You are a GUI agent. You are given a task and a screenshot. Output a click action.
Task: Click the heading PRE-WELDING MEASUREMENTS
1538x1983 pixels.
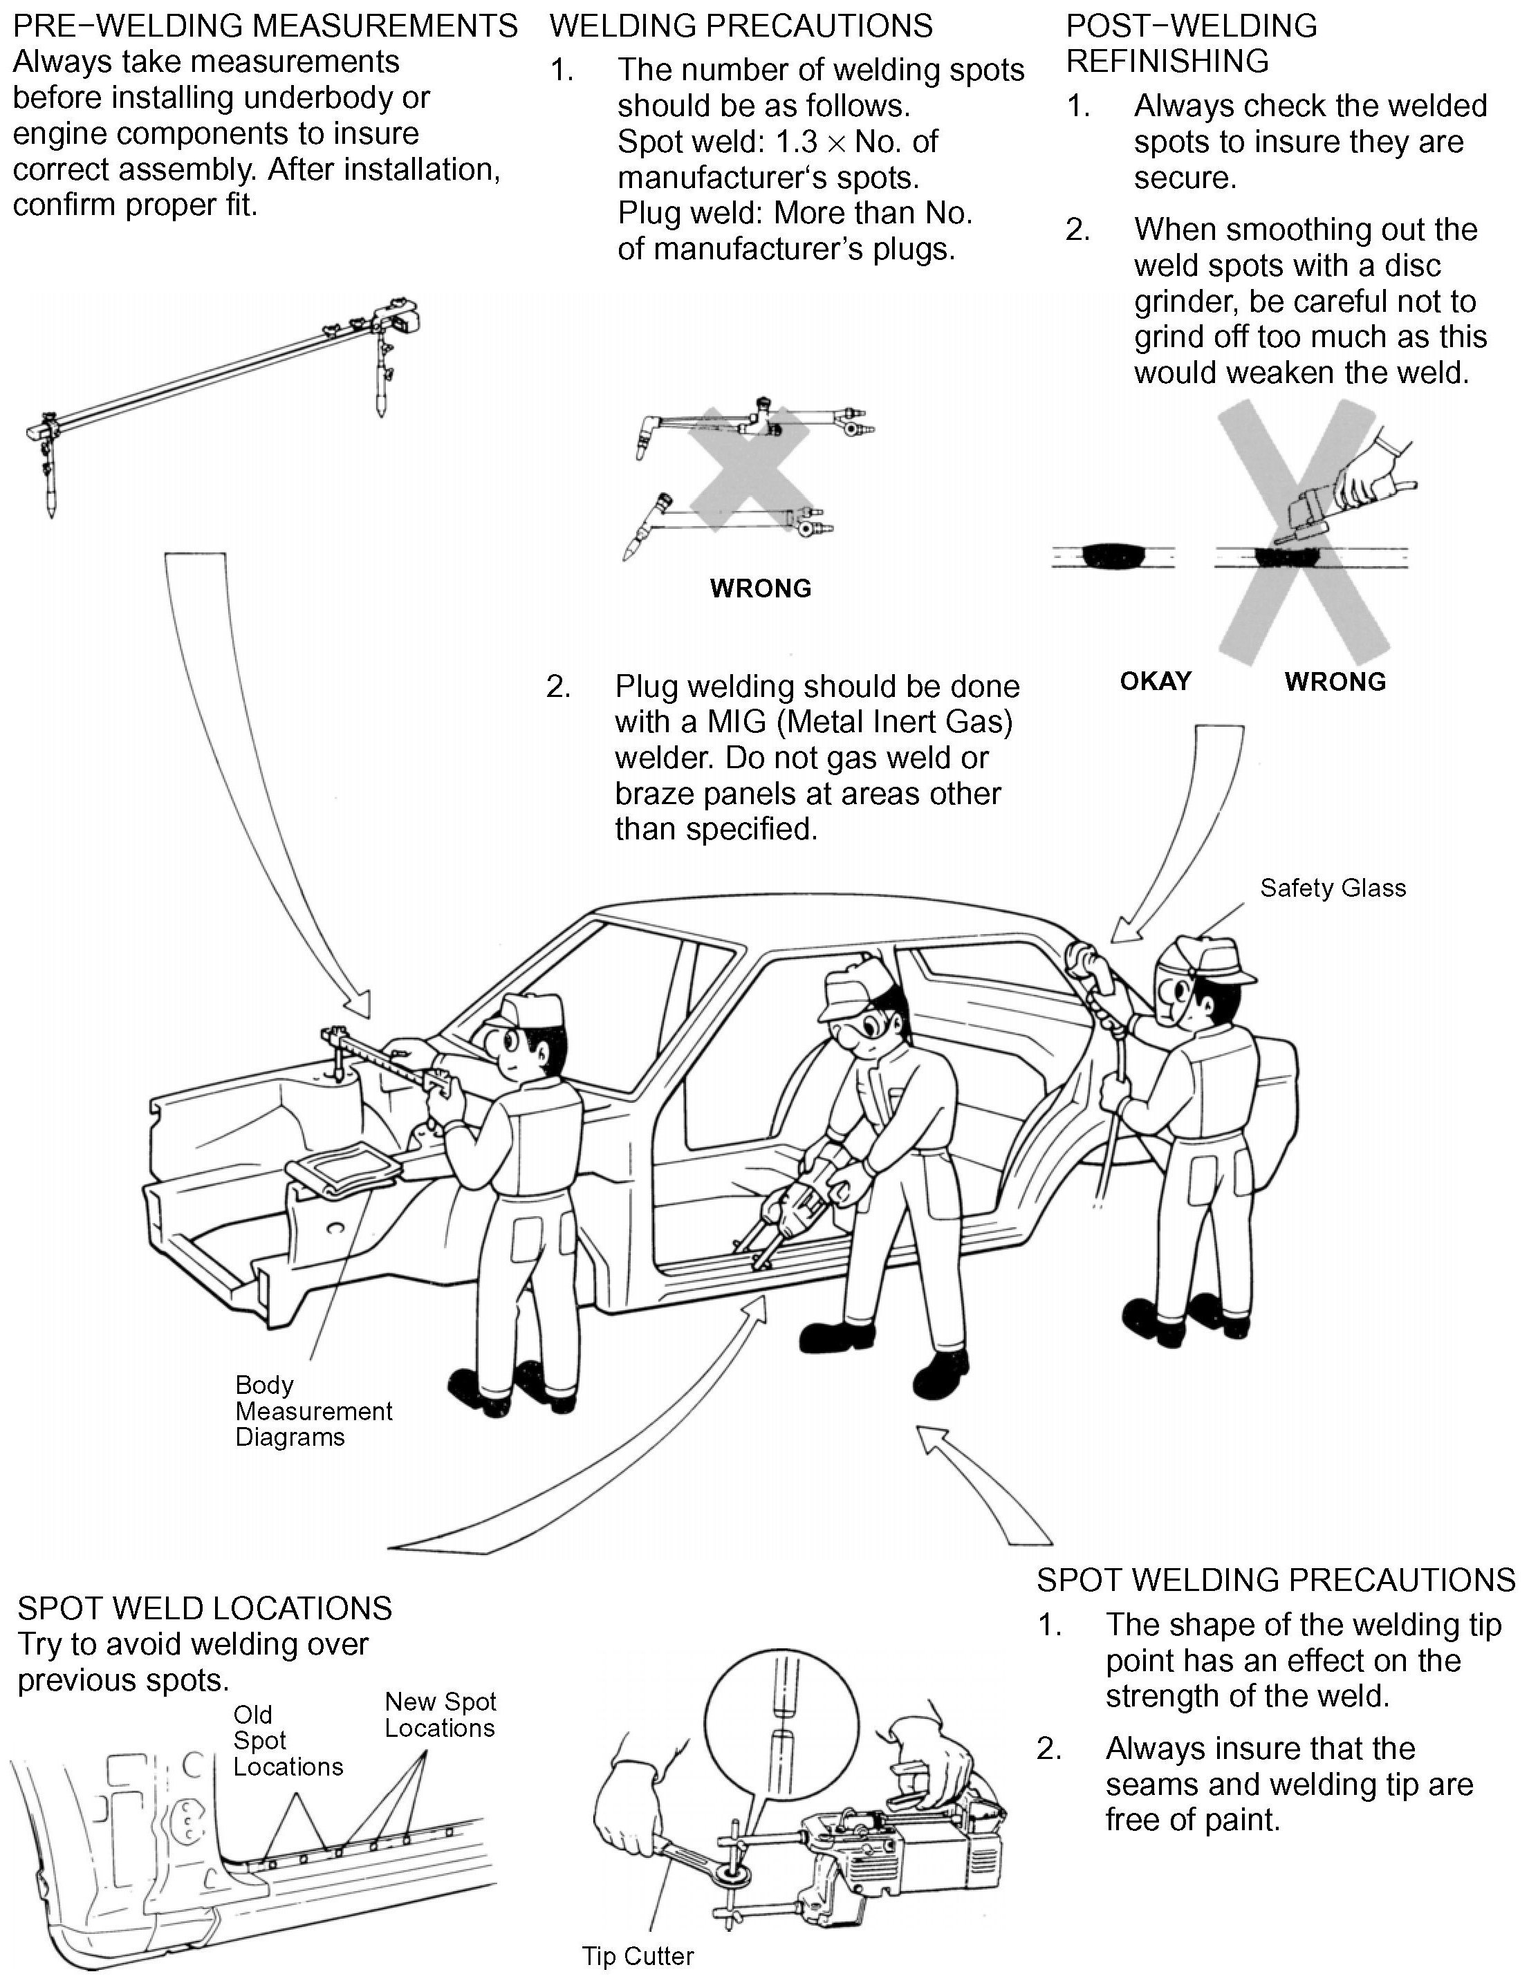pyautogui.click(x=265, y=26)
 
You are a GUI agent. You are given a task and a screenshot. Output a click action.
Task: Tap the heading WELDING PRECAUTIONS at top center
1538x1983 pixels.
pyautogui.click(x=741, y=26)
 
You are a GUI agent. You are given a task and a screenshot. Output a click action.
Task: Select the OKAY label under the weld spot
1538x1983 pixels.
pyautogui.click(x=1155, y=681)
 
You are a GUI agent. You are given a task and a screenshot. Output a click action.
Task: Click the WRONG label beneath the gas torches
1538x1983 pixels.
pyautogui.click(x=760, y=588)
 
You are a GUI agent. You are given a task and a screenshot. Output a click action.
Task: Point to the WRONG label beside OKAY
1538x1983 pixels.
pyautogui.click(x=1335, y=681)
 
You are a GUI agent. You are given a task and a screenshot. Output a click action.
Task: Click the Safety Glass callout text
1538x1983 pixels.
pyautogui.click(x=1332, y=888)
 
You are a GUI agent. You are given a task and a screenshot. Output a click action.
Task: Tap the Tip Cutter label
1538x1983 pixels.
pyautogui.click(x=638, y=1956)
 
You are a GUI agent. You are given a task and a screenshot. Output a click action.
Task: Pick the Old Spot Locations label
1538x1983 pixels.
pyautogui.click(x=287, y=1740)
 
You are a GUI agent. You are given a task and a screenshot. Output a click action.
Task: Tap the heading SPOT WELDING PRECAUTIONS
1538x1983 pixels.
pyautogui.click(x=1276, y=1580)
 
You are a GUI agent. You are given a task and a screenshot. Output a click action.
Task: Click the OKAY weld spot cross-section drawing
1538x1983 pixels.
pyautogui.click(x=1112, y=554)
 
